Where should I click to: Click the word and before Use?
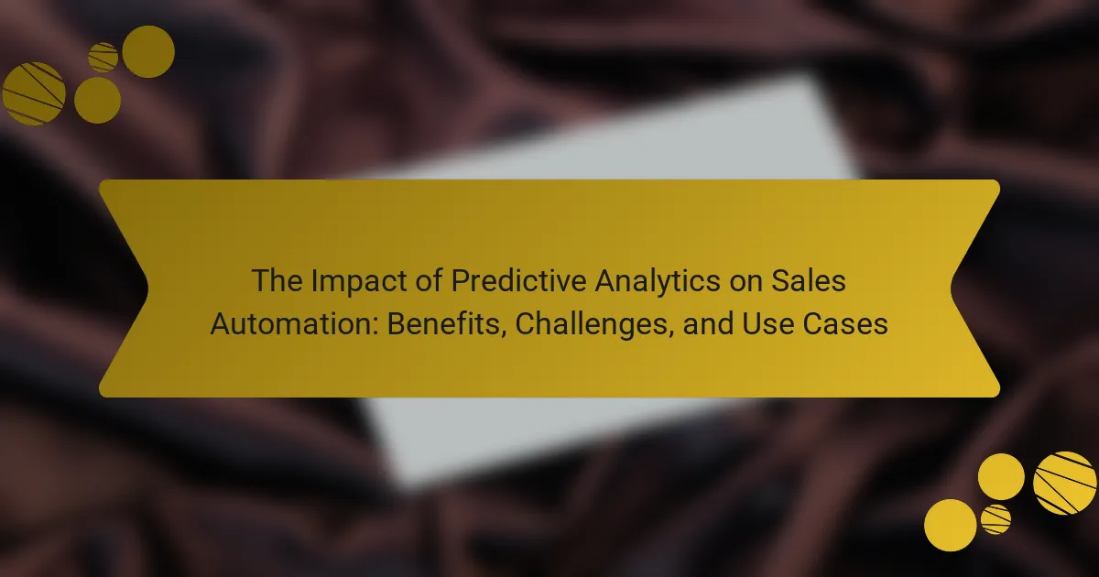pos(709,324)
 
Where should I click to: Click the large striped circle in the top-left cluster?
pos(34,93)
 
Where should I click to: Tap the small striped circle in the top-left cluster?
pos(103,58)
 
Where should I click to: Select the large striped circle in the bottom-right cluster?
pos(1064,484)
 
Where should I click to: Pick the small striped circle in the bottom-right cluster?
pos(996,519)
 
